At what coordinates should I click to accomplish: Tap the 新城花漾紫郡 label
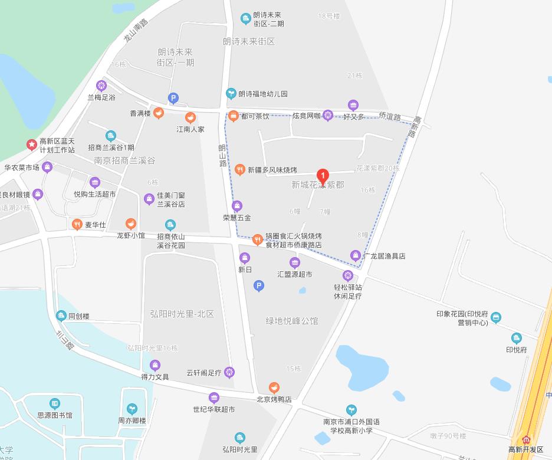click(x=318, y=185)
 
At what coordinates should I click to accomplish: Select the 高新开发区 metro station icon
click(x=527, y=439)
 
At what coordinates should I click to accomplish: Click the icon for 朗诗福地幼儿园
click(x=231, y=93)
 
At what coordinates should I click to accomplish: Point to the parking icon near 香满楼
click(x=173, y=98)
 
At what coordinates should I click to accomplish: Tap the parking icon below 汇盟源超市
click(x=258, y=286)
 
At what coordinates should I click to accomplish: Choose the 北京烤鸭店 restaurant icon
click(x=274, y=387)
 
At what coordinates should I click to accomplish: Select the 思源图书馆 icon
click(x=55, y=403)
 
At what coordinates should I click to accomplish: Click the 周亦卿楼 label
click(x=132, y=421)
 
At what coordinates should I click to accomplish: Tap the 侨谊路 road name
click(x=390, y=117)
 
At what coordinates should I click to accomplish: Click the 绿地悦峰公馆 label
click(x=291, y=321)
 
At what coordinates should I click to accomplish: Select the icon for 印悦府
click(x=517, y=338)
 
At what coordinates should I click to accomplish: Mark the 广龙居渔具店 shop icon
click(x=355, y=256)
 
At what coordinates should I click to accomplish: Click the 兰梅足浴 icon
click(x=101, y=86)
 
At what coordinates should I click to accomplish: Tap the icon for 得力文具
click(x=155, y=365)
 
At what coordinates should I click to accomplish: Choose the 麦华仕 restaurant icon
click(x=77, y=224)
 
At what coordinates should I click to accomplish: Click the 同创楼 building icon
click(x=61, y=316)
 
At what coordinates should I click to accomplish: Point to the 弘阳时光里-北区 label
click(x=182, y=313)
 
